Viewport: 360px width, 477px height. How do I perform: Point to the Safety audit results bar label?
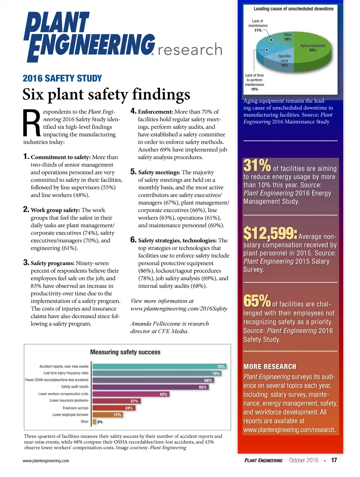[75, 387]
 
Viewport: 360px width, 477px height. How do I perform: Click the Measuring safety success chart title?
[125, 352]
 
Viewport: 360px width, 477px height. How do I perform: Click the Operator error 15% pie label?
[284, 60]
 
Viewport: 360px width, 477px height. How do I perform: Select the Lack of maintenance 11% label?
[258, 26]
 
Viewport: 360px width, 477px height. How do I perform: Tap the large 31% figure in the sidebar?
[257, 165]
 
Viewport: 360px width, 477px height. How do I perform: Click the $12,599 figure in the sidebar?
[270, 233]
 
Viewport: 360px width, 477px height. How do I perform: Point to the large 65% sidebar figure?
[257, 301]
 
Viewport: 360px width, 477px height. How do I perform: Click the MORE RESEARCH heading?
[270, 367]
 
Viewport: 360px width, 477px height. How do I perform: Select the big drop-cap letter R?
[32, 123]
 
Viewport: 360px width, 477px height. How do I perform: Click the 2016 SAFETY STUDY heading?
[62, 78]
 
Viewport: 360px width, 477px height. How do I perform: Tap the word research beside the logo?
[190, 50]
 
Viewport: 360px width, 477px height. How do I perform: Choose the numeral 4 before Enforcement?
[133, 111]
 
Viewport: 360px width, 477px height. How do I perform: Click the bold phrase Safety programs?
[52, 263]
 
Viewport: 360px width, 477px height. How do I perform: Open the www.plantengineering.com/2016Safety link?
[179, 309]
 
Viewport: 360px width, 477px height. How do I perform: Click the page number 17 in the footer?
[334, 460]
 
